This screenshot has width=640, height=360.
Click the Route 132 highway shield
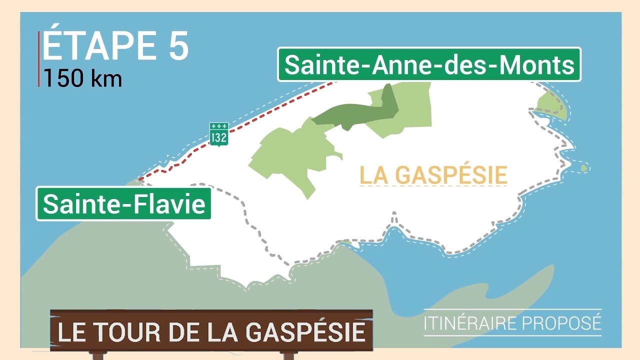click(x=219, y=134)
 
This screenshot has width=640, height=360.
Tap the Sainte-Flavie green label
click(x=123, y=204)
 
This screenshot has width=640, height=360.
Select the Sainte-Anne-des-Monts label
click(x=429, y=64)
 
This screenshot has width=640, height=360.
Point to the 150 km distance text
click(x=82, y=78)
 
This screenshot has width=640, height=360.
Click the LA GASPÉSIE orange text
click(x=433, y=175)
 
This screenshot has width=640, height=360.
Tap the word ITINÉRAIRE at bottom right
click(x=469, y=323)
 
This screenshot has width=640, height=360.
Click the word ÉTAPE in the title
click(x=95, y=46)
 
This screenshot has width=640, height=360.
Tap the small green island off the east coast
click(x=583, y=168)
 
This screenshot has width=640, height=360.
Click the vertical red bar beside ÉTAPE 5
click(x=39, y=59)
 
